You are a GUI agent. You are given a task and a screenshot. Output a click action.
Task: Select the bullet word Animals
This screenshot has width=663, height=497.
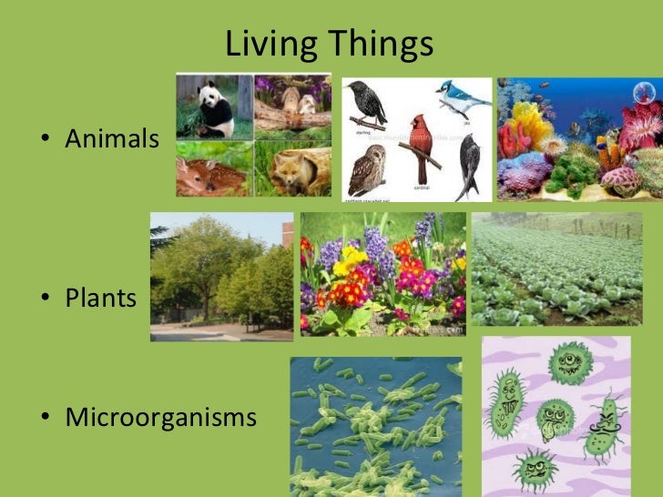112,140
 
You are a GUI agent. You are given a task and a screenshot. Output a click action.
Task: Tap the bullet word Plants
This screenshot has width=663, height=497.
100,298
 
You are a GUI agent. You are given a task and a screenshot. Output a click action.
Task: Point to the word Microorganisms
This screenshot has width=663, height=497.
160,418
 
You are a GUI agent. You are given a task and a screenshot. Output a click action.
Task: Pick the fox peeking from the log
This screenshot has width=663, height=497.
293,171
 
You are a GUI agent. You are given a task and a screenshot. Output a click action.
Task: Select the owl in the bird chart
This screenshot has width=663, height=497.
367,169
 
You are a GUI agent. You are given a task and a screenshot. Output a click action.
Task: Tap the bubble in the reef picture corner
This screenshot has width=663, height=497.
645,90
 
